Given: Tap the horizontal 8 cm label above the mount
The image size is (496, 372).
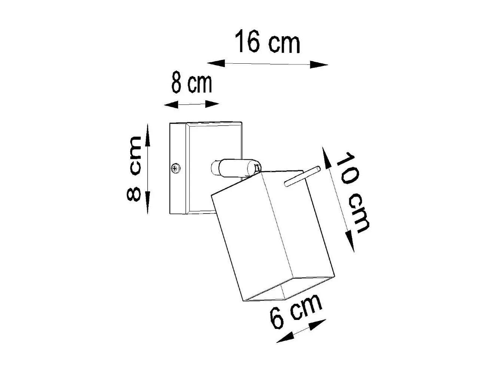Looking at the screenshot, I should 192,84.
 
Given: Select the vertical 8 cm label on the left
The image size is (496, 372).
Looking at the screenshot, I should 134,168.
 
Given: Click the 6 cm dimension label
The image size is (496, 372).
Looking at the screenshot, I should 296,311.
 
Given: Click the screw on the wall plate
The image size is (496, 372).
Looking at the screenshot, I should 176,169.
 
